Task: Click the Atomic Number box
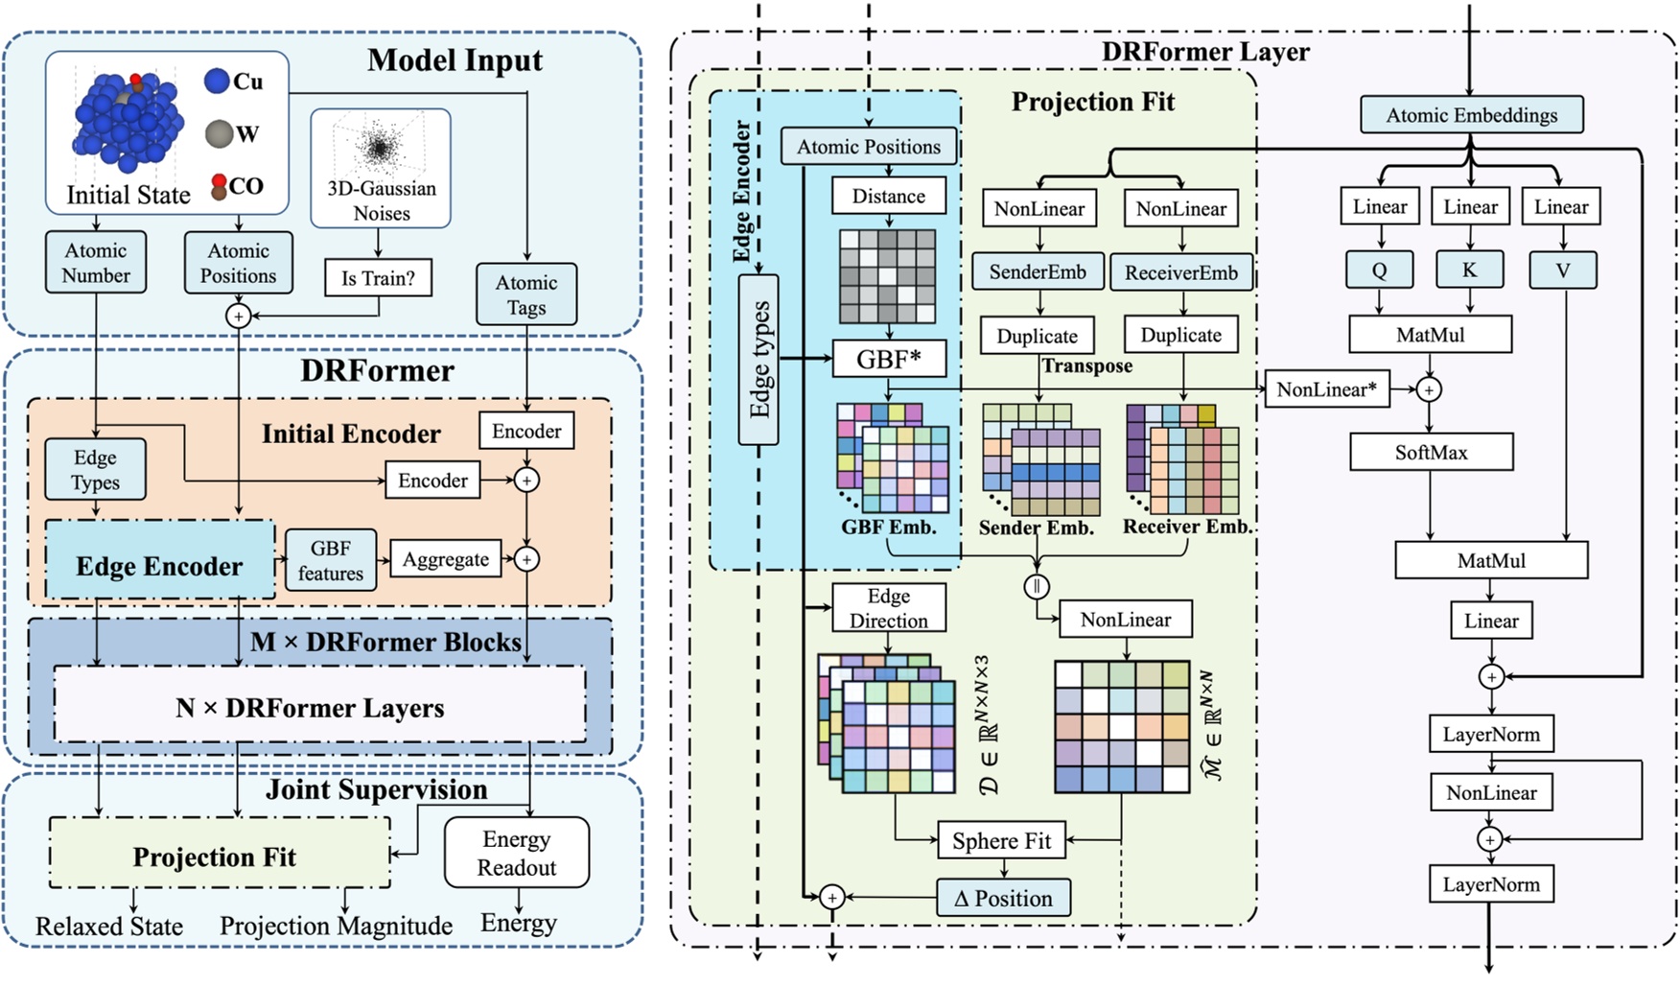tap(95, 262)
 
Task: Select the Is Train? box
tap(378, 278)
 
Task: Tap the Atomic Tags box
tap(526, 294)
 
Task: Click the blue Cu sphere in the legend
tap(218, 81)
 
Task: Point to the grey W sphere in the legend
tap(220, 134)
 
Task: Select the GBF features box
tap(330, 560)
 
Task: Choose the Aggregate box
tap(445, 559)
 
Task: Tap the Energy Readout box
tap(516, 853)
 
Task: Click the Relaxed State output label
tap(109, 926)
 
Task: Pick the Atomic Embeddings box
tap(1471, 115)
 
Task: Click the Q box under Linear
tap(1379, 270)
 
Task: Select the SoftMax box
tap(1431, 452)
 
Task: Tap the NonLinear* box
tap(1326, 389)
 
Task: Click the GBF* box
tap(888, 359)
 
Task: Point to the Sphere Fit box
tap(1001, 841)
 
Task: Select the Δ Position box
tap(1003, 899)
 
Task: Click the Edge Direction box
tap(888, 608)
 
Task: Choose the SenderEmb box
tap(1038, 272)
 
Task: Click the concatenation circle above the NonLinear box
tap(1037, 586)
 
